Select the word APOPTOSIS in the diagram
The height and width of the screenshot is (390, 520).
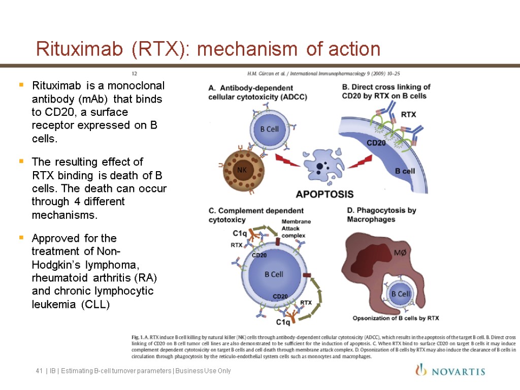pyautogui.click(x=324, y=194)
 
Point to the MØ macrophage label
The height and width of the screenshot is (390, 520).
pyautogui.click(x=401, y=252)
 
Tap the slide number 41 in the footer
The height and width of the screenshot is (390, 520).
pyautogui.click(x=39, y=371)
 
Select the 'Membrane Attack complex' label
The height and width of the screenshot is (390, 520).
pyautogui.click(x=296, y=229)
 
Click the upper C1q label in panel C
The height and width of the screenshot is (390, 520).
pyautogui.click(x=240, y=234)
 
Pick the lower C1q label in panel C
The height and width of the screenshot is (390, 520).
pyautogui.click(x=283, y=322)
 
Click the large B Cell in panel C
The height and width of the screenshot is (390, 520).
pyautogui.click(x=273, y=275)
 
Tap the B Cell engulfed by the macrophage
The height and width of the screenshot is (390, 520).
pyautogui.click(x=400, y=294)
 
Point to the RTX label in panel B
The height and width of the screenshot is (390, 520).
pyautogui.click(x=408, y=114)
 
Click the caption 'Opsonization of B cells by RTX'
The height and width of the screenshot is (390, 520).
pyautogui.click(x=396, y=318)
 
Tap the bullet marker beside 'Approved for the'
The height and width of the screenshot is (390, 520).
pyautogui.click(x=21, y=238)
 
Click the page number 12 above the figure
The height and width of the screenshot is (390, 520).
pyautogui.click(x=135, y=73)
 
